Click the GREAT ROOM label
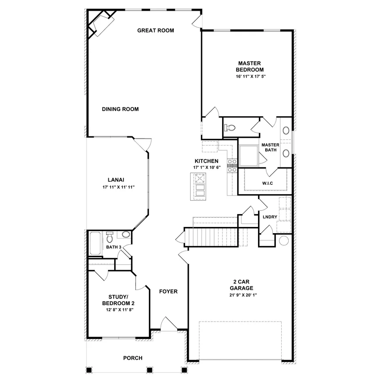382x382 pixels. pos(155,31)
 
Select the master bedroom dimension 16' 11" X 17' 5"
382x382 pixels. pos(251,76)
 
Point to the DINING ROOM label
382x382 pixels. pos(120,109)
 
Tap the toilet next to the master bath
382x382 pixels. pos(229,128)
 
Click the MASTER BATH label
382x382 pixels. pos(270,147)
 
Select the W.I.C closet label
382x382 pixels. pos(267,183)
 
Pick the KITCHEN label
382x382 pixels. pos(206,161)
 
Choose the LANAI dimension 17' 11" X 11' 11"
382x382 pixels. pos(118,187)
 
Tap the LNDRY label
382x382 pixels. pos(270,217)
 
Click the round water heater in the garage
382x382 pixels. pos(284,241)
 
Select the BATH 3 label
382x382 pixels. pos(113,247)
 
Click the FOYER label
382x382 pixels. pos(168,292)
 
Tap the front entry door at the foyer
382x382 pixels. pos(169,326)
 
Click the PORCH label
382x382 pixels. pos(132,358)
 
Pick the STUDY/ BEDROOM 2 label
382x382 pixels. pos(118,300)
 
